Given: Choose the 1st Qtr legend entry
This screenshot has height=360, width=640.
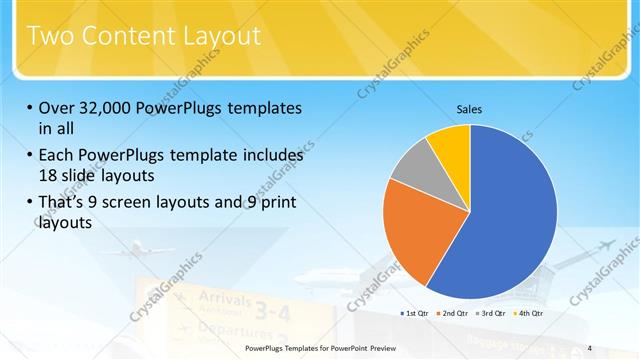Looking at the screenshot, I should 415,314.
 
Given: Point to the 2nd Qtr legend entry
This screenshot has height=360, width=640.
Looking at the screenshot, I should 454,314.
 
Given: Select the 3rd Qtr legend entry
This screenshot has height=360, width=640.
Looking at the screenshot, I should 492,314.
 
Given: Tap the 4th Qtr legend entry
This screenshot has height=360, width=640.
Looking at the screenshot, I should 529,314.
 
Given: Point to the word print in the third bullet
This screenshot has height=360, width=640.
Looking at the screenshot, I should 277,203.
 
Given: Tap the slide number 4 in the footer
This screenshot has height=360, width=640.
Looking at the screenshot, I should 590,348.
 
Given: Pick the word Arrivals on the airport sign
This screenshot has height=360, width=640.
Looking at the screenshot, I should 225,298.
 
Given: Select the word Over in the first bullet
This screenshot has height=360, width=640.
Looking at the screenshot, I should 57,107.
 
